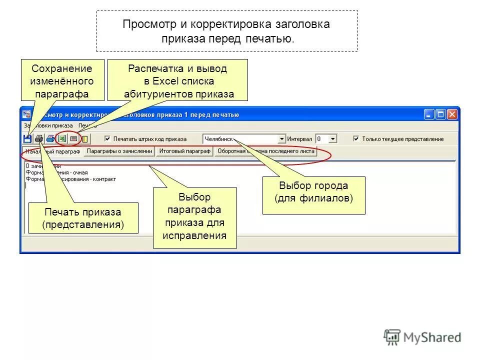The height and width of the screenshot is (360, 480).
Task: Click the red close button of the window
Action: click(x=452, y=114)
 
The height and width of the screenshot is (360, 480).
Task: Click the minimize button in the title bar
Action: click(x=429, y=114)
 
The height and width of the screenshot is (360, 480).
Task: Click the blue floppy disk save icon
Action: click(x=27, y=138)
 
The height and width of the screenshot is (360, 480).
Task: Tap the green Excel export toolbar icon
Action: click(x=62, y=138)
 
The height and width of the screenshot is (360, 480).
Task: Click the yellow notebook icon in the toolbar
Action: click(x=85, y=138)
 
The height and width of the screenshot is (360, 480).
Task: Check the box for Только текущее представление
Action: click(x=356, y=139)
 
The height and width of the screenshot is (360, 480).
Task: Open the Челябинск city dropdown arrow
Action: click(x=282, y=139)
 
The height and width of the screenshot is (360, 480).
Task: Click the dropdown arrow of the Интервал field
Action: click(x=333, y=139)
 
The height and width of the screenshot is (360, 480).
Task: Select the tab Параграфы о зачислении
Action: click(x=119, y=151)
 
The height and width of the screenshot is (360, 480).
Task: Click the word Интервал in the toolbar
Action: click(x=299, y=139)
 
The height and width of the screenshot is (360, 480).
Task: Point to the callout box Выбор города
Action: click(x=313, y=192)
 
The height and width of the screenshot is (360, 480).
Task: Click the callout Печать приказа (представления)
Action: click(x=82, y=218)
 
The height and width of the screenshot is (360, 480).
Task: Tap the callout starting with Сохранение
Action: click(x=62, y=80)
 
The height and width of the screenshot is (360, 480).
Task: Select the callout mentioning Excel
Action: click(x=178, y=80)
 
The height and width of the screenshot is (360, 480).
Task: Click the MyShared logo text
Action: click(x=432, y=337)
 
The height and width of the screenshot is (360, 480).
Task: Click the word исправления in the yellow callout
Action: click(x=195, y=234)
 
